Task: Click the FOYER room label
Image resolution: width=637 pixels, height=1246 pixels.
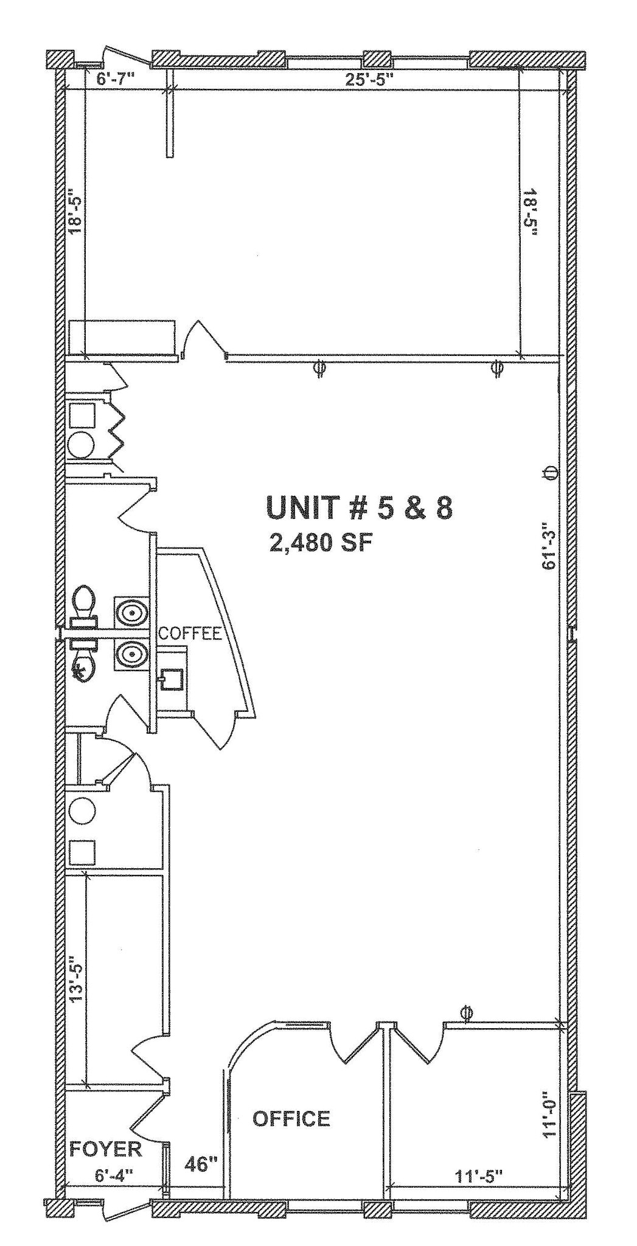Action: (105, 1149)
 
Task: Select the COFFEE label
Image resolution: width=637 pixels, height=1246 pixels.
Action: (190, 633)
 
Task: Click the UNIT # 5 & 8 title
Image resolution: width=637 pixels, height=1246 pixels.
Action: (359, 508)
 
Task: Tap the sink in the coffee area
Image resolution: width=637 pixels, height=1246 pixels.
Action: (173, 680)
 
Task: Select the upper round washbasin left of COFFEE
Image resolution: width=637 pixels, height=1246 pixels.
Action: (130, 611)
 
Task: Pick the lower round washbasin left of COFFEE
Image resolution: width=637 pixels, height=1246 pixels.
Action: (130, 654)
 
